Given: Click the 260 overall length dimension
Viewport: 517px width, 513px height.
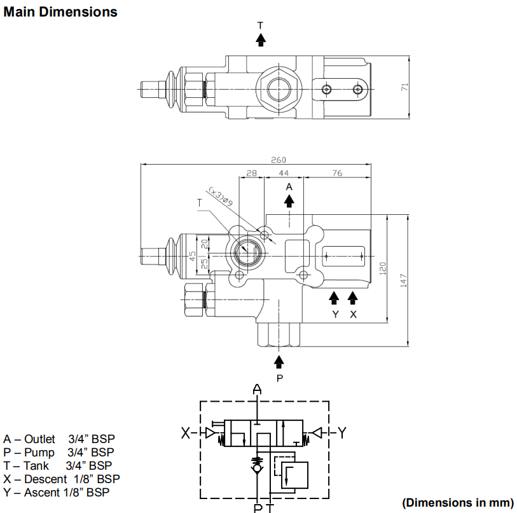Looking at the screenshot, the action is pyautogui.click(x=279, y=160).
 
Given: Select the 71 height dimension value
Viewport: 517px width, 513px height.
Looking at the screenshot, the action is pyautogui.click(x=404, y=87).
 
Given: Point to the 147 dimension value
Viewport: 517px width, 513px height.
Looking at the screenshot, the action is pyautogui.click(x=403, y=280).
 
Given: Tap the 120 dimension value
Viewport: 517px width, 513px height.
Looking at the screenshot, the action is pyautogui.click(x=382, y=268).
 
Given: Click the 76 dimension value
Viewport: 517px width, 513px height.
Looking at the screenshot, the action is pyautogui.click(x=337, y=173).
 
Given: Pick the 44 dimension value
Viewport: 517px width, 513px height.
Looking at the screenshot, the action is pyautogui.click(x=284, y=173).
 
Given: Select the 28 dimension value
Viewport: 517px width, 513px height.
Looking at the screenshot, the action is pyautogui.click(x=252, y=173).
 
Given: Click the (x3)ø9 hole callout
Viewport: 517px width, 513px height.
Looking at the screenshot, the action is pyautogui.click(x=221, y=196).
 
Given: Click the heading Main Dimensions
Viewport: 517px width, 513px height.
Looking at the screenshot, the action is pyautogui.click(x=60, y=12).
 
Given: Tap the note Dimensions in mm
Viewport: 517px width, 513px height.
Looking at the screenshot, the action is pyautogui.click(x=458, y=503).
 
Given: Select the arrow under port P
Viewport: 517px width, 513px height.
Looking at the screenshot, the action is pyautogui.click(x=279, y=362).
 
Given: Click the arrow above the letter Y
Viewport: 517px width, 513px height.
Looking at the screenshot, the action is pyautogui.click(x=334, y=298).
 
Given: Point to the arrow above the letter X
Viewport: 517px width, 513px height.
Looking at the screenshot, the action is pyautogui.click(x=352, y=298).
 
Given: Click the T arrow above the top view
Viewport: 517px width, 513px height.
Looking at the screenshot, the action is pyautogui.click(x=261, y=39).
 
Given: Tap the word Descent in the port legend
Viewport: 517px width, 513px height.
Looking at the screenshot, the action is pyautogui.click(x=46, y=479).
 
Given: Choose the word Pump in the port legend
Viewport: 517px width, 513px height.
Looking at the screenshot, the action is pyautogui.click(x=39, y=453).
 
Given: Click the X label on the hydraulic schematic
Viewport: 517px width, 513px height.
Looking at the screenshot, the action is pyautogui.click(x=186, y=433).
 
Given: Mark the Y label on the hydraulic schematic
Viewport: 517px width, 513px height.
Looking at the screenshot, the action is pyautogui.click(x=342, y=432).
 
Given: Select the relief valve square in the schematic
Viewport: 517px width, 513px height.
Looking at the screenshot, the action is pyautogui.click(x=294, y=475).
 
